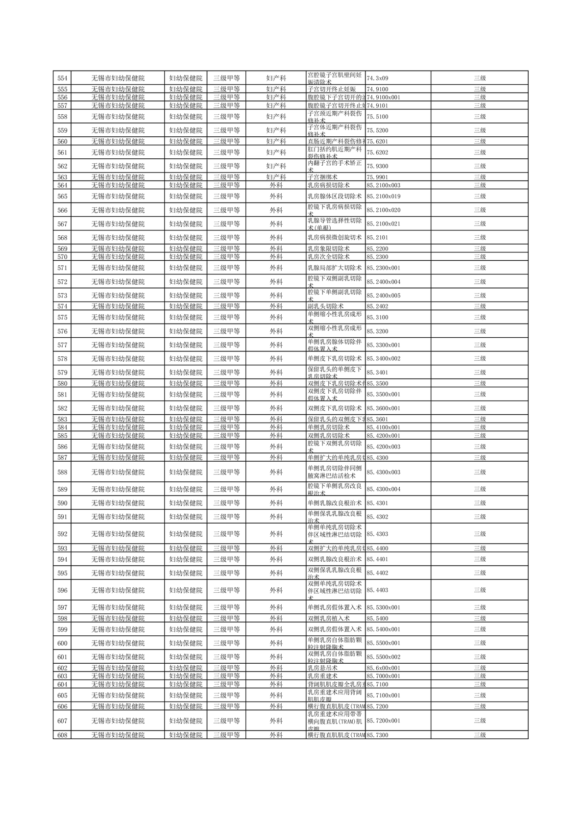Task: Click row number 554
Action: click(62, 78)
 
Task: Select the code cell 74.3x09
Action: click(377, 78)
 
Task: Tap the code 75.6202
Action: click(377, 152)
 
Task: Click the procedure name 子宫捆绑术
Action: click(322, 177)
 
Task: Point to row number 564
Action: click(62, 185)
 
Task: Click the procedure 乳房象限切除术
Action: click(328, 249)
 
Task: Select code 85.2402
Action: click(377, 306)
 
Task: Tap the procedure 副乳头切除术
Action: click(325, 306)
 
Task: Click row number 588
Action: click(62, 473)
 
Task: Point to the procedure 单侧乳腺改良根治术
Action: click(334, 503)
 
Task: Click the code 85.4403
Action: click(377, 590)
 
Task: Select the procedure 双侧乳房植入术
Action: click(328, 619)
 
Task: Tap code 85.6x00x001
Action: click(383, 668)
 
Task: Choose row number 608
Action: click(62, 735)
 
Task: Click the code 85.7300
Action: click(377, 735)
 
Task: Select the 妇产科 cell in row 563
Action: click(276, 177)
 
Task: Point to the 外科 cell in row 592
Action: click(276, 534)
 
